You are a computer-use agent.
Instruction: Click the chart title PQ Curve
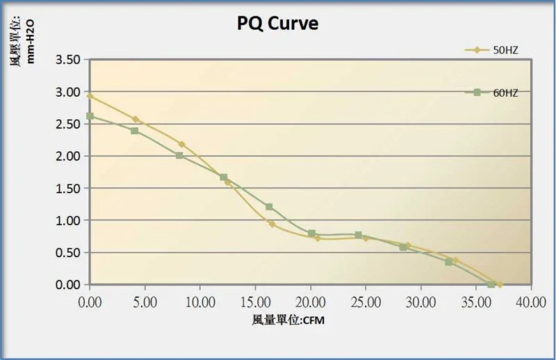coord(277,24)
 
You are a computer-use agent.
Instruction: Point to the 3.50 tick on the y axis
coord(69,60)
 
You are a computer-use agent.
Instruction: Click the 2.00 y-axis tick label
coord(69,156)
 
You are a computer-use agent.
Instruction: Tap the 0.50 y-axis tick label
coord(69,253)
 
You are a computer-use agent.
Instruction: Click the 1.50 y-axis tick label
coord(69,188)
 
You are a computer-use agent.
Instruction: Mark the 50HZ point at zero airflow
coord(90,96)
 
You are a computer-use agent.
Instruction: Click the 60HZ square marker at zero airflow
coord(90,116)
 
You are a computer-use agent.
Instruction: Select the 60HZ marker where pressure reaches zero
coord(491,284)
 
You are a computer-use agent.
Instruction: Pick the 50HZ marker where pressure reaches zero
coord(499,284)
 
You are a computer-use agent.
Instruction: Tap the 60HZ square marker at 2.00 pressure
coord(179,156)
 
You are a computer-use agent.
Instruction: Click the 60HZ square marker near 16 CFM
coord(269,207)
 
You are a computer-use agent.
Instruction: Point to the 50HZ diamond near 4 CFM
coord(136,119)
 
